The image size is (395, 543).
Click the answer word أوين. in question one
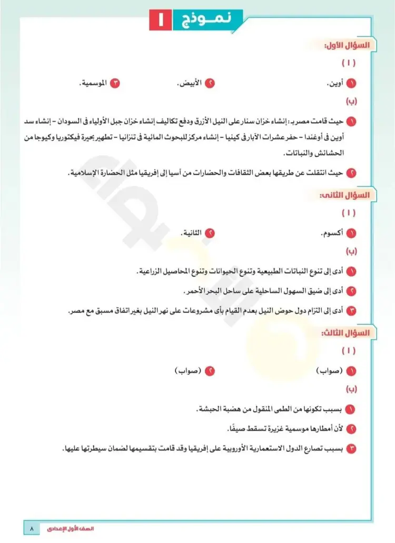click(x=333, y=83)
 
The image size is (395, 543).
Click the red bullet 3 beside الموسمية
click(x=117, y=83)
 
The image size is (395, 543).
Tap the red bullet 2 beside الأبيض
click(x=210, y=83)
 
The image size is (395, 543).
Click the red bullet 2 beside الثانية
click(x=210, y=233)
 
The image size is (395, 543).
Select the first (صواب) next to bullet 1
click(x=329, y=371)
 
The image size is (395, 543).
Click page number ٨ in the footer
click(x=32, y=527)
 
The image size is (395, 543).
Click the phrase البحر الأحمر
click(x=202, y=291)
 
